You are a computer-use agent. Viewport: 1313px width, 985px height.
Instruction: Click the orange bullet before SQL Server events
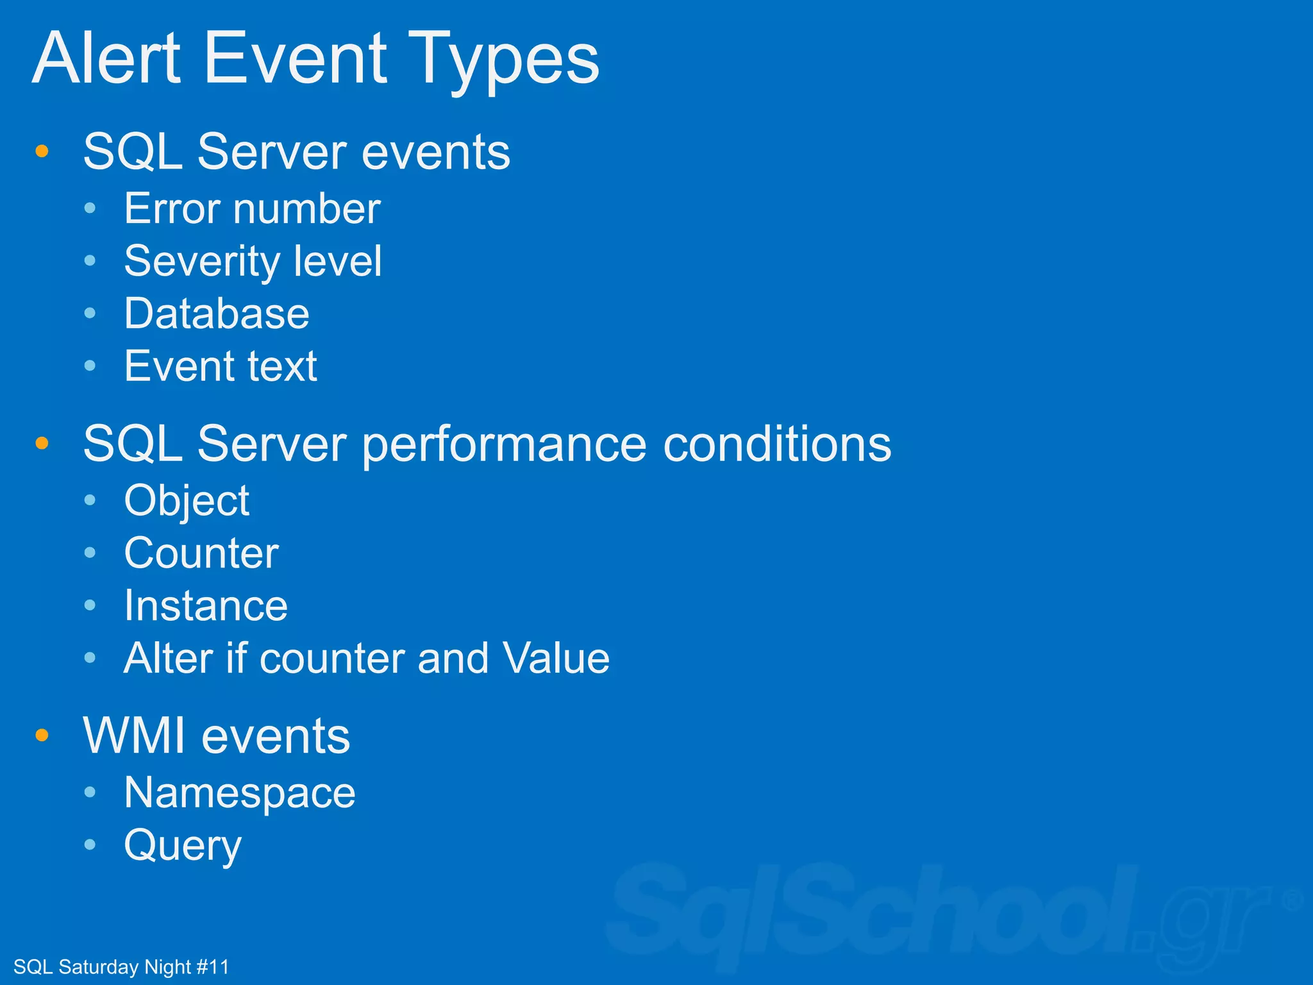42,151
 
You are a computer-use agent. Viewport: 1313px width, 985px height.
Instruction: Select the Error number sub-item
252,209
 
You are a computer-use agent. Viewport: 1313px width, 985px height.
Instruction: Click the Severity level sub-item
253,262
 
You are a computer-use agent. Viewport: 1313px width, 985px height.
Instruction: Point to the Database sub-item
216,314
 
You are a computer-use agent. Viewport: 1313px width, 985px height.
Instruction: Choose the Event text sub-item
221,366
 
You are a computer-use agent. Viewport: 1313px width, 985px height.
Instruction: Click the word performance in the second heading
505,445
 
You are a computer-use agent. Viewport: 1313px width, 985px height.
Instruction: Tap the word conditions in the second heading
776,444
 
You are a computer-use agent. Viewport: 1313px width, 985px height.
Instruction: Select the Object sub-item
187,501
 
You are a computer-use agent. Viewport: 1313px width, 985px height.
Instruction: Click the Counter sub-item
201,553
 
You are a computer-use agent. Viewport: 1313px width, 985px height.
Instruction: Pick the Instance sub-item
206,606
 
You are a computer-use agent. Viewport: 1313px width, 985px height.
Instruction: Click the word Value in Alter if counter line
556,659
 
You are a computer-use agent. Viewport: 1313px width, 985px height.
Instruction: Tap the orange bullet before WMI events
42,735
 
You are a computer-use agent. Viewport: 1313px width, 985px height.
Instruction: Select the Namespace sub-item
239,793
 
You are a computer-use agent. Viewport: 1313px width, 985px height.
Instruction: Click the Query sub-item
183,846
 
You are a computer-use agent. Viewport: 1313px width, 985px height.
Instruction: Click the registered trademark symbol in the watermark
1292,900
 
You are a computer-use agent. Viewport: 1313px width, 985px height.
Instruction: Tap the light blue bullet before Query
90,845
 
